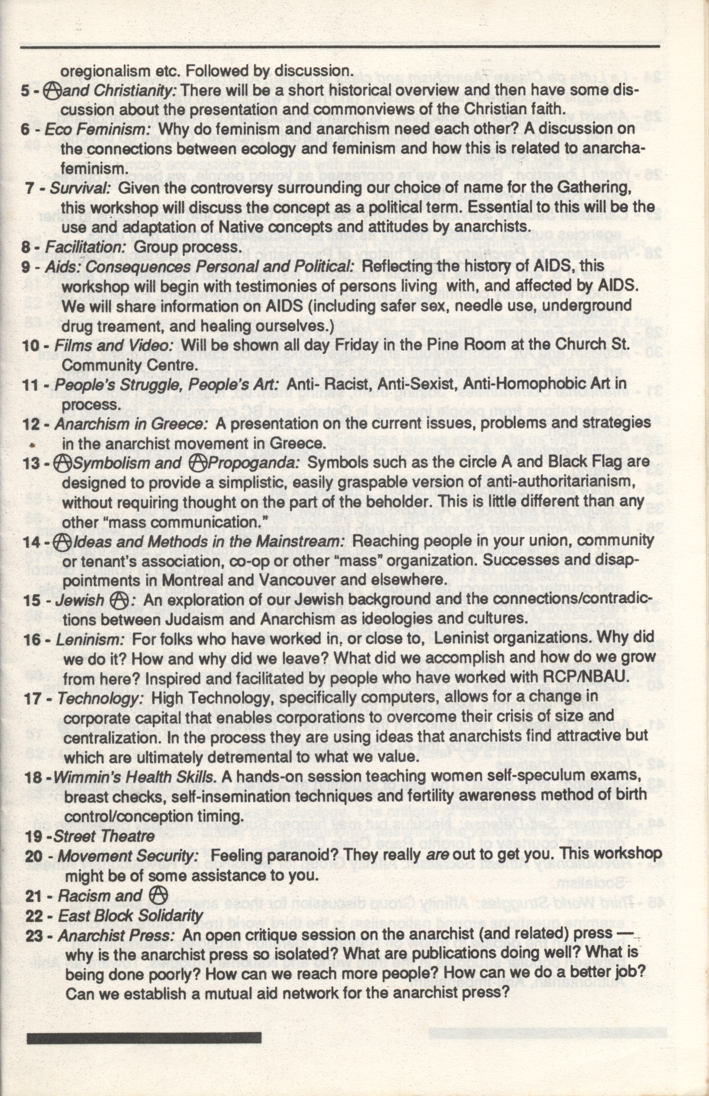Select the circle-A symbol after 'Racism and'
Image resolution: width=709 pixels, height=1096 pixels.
pyautogui.click(x=158, y=895)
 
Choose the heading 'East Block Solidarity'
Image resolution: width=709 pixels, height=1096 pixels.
pyautogui.click(x=130, y=915)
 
